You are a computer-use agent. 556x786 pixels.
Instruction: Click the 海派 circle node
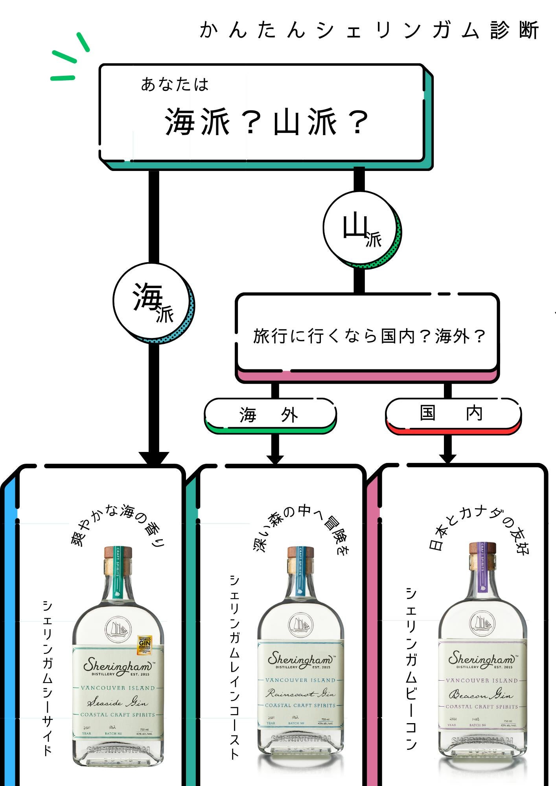pyautogui.click(x=153, y=302)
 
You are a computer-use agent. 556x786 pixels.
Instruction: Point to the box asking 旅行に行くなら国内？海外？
pyautogui.click(x=367, y=333)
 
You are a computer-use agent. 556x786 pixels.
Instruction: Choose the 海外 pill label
pyautogui.click(x=270, y=414)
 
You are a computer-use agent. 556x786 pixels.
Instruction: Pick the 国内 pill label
pyautogui.click(x=452, y=413)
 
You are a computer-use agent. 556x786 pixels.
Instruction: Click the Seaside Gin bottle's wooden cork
pyautogui.click(x=118, y=552)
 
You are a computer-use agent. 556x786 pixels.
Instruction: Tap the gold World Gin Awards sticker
pyautogui.click(x=144, y=645)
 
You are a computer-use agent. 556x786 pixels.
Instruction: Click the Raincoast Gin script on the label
pyautogui.click(x=300, y=693)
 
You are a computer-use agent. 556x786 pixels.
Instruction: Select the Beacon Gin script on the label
pyautogui.click(x=481, y=695)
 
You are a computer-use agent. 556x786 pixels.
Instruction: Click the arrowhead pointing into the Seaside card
pyautogui.click(x=154, y=458)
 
